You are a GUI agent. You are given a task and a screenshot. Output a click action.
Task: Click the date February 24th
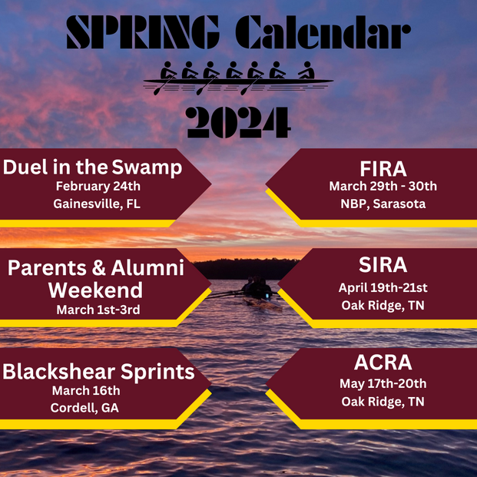click(x=97, y=186)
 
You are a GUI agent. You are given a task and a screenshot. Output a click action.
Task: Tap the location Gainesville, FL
click(x=97, y=204)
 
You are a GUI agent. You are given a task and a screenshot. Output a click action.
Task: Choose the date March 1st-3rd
click(x=97, y=310)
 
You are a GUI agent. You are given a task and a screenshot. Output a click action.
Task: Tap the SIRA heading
click(x=383, y=266)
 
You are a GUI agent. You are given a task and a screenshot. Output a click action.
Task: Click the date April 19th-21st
click(x=383, y=288)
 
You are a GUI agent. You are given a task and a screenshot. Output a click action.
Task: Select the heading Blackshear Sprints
click(x=97, y=372)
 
